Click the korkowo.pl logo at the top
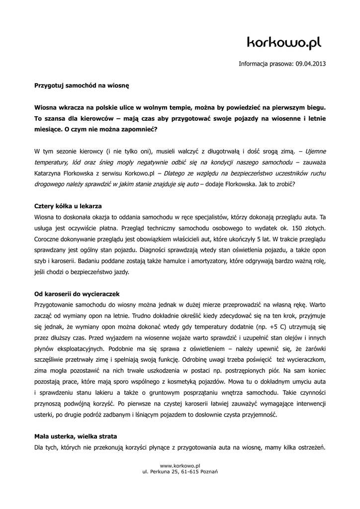(x=284, y=44)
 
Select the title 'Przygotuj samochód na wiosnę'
(x=81, y=85)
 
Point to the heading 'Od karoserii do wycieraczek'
(x=77, y=294)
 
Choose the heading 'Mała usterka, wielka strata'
(x=75, y=436)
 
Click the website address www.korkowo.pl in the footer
(x=180, y=465)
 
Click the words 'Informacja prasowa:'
(x=266, y=64)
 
